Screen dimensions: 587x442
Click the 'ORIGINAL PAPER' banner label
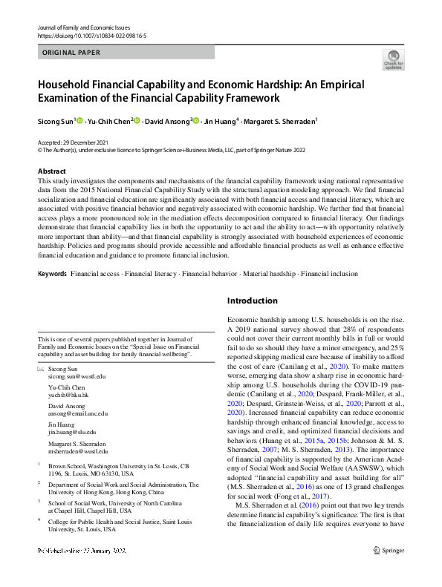(70, 53)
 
